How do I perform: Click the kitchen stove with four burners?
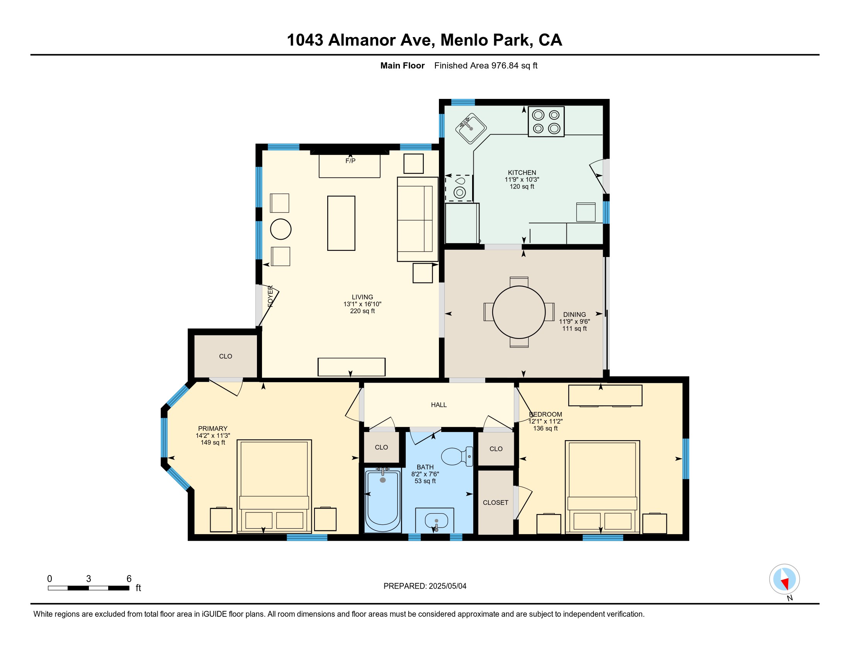pyautogui.click(x=546, y=121)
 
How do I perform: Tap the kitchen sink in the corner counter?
pyautogui.click(x=471, y=128)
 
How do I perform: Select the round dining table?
pyautogui.click(x=519, y=312)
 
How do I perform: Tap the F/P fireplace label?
pyautogui.click(x=350, y=161)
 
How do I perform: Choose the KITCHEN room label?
pyautogui.click(x=522, y=172)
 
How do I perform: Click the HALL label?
pyautogui.click(x=439, y=405)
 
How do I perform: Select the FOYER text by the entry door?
pyautogui.click(x=270, y=296)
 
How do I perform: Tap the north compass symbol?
pyautogui.click(x=784, y=579)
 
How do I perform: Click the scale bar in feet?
pyautogui.click(x=89, y=588)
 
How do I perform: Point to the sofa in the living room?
pyautogui.click(x=418, y=219)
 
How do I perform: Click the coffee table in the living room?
pyautogui.click(x=341, y=223)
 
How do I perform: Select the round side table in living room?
pyautogui.click(x=280, y=229)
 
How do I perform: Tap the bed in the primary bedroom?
pyautogui.click(x=274, y=486)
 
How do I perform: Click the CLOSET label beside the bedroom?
pyautogui.click(x=495, y=502)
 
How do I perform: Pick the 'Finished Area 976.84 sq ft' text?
pyautogui.click(x=486, y=65)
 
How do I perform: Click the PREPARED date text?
pyautogui.click(x=425, y=586)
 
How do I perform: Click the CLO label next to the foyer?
pyautogui.click(x=225, y=356)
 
